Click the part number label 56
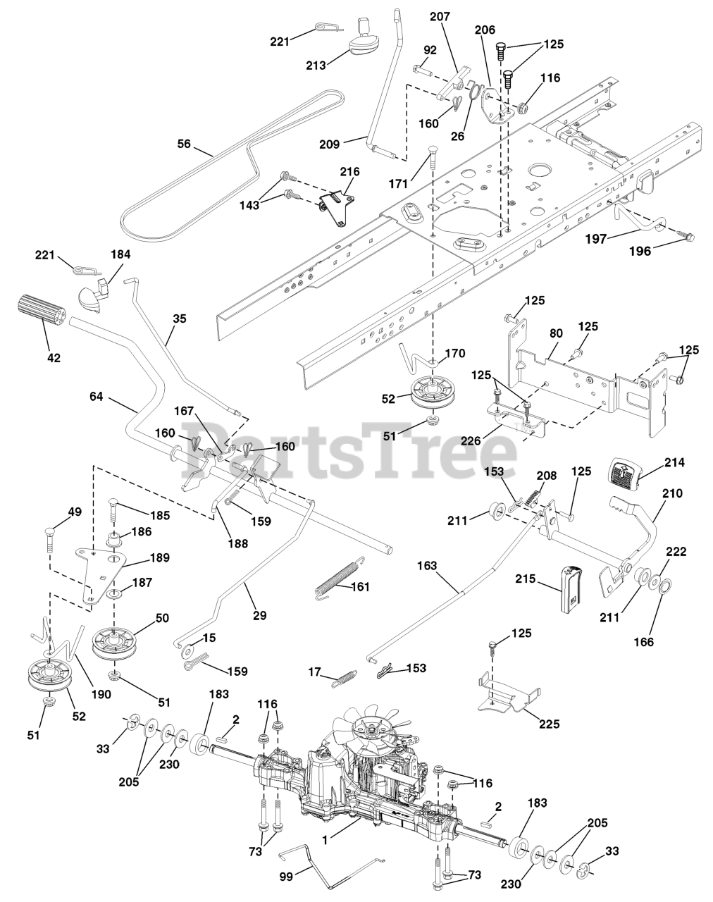[184, 143]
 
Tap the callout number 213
[316, 66]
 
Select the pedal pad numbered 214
[625, 476]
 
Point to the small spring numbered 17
[345, 678]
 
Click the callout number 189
[160, 558]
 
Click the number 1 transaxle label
[325, 841]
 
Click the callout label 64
[96, 397]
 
